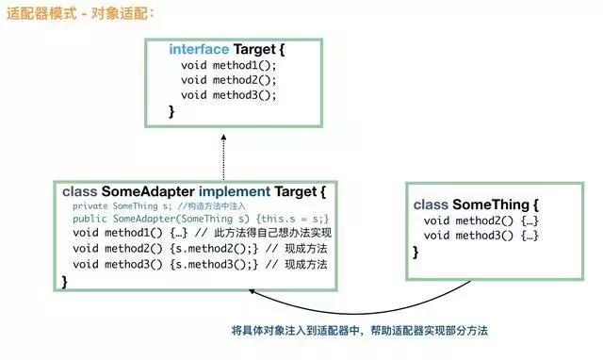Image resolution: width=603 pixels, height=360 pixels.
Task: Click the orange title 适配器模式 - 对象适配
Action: tap(80, 14)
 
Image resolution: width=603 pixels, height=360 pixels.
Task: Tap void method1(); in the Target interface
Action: tap(229, 65)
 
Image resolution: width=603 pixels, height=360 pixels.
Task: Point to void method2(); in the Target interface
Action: tap(229, 80)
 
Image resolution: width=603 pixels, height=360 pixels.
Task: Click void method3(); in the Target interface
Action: tap(229, 95)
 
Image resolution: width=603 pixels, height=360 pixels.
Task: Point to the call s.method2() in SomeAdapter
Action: tap(213, 249)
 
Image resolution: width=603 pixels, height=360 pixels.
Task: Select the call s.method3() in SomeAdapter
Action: tap(213, 265)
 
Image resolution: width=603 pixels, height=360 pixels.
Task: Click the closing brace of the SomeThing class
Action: tap(416, 252)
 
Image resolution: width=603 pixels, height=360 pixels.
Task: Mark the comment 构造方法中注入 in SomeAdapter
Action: tap(218, 205)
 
